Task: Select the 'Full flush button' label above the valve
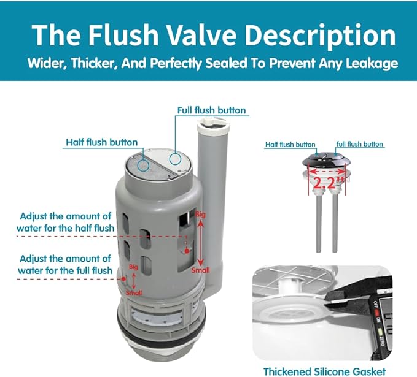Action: click(211, 111)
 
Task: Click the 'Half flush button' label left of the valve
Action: click(102, 142)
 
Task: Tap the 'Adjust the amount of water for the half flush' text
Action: click(65, 222)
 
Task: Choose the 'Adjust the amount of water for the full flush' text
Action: click(65, 264)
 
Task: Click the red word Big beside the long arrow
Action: click(200, 215)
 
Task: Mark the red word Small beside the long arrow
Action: click(200, 270)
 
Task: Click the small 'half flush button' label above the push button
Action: click(290, 145)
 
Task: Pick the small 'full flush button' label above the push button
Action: click(360, 145)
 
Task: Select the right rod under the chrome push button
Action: click(335, 221)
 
